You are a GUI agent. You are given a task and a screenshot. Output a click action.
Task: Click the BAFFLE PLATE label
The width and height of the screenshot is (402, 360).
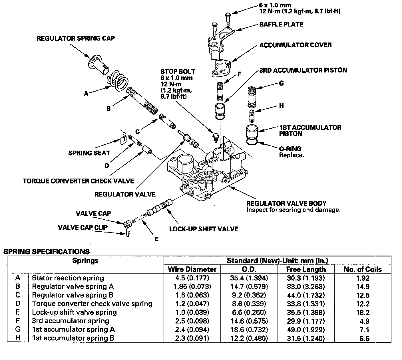[281, 25]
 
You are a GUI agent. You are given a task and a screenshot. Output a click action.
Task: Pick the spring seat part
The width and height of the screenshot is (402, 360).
[124, 141]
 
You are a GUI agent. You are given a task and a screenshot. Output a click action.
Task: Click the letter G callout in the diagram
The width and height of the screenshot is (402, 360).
[281, 83]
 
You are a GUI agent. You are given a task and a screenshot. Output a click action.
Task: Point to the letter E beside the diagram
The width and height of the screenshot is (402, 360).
[156, 239]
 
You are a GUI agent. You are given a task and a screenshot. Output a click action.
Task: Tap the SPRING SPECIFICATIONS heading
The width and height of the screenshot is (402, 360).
[47, 252]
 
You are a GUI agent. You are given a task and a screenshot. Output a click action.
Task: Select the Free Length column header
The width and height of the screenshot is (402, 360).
[306, 269]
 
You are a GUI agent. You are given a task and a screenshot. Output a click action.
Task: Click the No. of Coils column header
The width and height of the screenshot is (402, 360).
[363, 269]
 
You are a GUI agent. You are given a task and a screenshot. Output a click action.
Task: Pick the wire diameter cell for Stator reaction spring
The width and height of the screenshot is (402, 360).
[192, 278]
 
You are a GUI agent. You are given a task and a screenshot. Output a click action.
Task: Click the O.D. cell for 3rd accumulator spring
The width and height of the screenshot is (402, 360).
[249, 321]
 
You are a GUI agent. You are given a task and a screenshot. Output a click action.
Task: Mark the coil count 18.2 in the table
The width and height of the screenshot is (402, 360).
[363, 313]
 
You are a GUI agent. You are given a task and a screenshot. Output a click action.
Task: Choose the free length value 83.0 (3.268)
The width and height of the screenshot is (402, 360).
[306, 287]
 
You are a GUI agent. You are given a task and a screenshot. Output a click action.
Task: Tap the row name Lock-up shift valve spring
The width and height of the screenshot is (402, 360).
[74, 312]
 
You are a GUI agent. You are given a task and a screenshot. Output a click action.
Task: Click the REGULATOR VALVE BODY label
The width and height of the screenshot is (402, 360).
[286, 203]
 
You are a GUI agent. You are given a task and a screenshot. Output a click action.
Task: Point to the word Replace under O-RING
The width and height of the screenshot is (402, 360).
[291, 155]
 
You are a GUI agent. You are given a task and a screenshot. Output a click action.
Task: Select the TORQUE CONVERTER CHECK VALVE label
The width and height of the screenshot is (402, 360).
[79, 181]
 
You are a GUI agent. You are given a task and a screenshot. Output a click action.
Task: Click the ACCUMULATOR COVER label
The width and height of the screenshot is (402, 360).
[296, 45]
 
